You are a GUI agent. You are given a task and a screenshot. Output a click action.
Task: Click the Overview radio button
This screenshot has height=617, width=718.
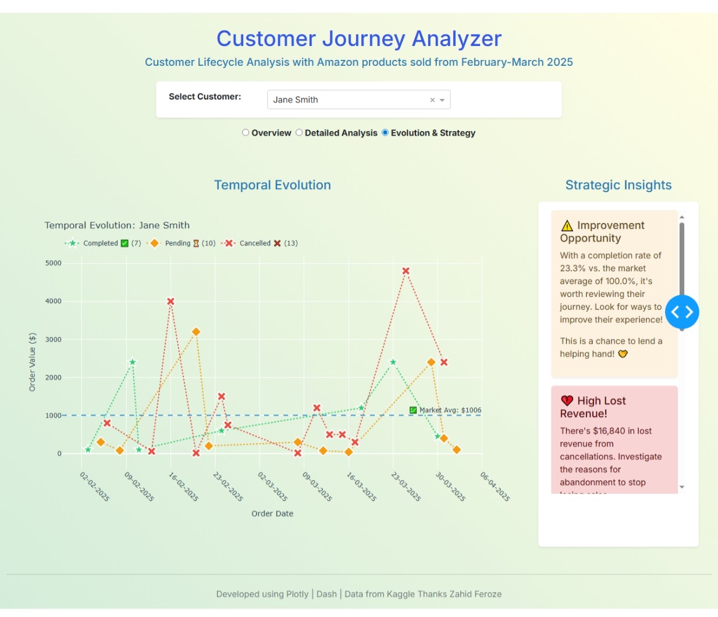coord(246,133)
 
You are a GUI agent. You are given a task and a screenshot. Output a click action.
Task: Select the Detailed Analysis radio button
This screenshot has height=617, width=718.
coord(299,133)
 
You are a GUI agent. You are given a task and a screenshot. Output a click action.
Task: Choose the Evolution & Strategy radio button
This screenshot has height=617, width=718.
coord(385,133)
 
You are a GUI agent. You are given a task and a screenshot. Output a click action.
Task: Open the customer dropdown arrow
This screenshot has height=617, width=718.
coord(442,100)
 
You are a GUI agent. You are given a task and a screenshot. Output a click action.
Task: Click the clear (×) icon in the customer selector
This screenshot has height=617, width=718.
coord(432,100)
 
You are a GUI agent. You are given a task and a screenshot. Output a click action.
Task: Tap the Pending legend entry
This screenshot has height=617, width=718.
coord(180,243)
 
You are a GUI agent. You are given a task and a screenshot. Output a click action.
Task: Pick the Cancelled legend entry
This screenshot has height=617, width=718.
coord(259,243)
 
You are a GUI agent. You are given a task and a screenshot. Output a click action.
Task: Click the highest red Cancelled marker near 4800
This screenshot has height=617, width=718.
coord(406,271)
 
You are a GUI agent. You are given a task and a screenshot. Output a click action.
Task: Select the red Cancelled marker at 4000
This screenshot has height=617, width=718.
coord(170,302)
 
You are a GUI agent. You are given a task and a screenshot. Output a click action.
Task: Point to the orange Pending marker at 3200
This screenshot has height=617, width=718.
coord(196,332)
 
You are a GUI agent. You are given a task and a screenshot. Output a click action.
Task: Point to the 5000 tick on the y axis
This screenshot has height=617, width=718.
coord(54,263)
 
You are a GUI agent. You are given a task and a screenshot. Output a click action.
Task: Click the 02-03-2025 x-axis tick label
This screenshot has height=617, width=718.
coord(273,487)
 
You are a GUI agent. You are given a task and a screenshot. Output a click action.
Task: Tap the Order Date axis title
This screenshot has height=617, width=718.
coord(272,513)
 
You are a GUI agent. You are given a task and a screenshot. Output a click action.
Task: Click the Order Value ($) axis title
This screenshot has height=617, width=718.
coord(33,362)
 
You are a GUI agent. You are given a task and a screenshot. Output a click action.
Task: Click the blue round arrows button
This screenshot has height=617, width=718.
coord(682,312)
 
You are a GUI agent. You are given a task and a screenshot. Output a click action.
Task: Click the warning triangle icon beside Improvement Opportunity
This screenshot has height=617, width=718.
coord(567,226)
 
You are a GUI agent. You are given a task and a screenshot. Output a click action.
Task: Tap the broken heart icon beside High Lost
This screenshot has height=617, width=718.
coord(567,401)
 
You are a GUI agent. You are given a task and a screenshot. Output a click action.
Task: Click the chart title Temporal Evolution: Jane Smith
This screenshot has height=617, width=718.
coord(117,225)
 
